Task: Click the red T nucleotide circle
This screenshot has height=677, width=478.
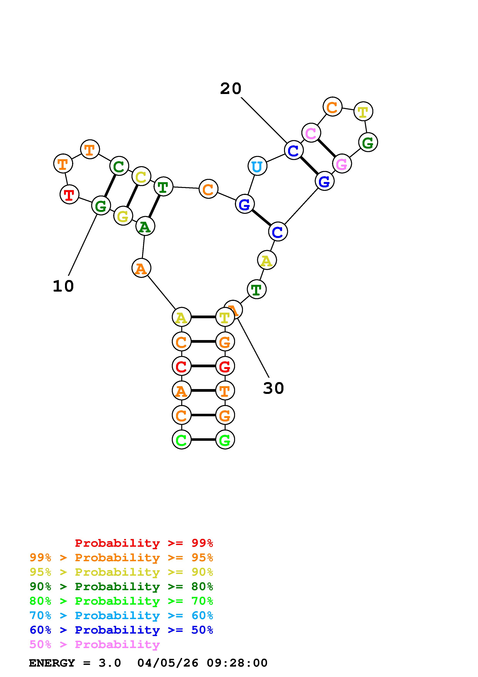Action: tap(69, 194)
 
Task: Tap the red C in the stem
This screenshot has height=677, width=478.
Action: tap(181, 366)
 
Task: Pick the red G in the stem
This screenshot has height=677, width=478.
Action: tap(225, 366)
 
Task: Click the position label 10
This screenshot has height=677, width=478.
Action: tap(63, 286)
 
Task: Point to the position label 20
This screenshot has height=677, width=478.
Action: tap(231, 88)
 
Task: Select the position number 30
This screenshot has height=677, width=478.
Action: tap(273, 388)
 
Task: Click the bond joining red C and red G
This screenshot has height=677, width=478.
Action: tap(203, 366)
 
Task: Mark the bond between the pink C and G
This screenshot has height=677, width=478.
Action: tap(326, 148)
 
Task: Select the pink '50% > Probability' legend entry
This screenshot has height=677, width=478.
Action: tap(94, 645)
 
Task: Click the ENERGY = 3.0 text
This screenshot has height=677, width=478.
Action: tap(75, 663)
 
